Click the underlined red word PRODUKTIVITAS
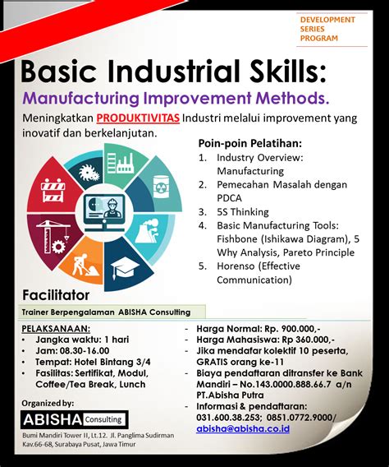coord(138,118)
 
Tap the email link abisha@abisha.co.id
coord(243,428)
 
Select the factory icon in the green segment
coord(120,163)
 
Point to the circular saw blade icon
coord(89,173)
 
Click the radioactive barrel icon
coord(161,187)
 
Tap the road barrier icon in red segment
coord(53,191)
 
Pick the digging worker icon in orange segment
coord(85,265)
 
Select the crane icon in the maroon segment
coord(54,236)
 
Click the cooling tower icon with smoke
coord(149,231)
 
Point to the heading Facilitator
coord(56,295)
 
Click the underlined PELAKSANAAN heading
coord(56,329)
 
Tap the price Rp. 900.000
coord(292,329)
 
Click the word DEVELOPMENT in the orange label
coord(327,20)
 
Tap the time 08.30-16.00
coord(85,351)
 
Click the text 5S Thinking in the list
coord(242,212)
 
